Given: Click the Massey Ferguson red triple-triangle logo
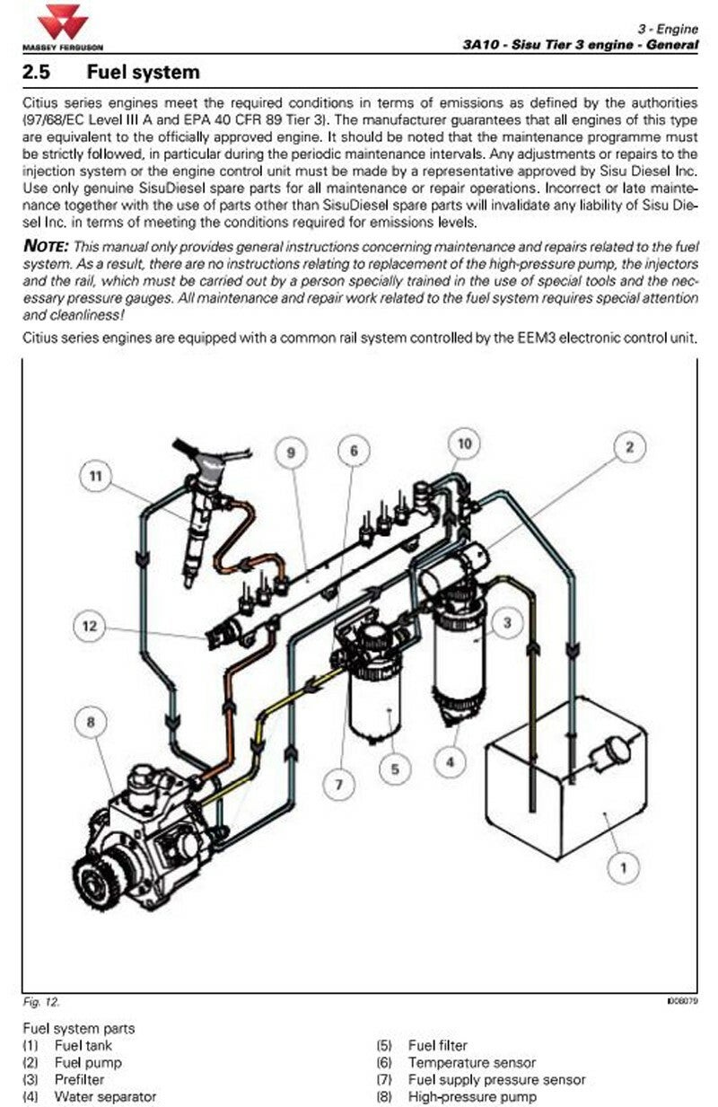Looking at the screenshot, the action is coord(63,22).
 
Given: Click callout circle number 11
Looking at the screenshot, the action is coord(96,476).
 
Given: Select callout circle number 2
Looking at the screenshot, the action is coord(629,447).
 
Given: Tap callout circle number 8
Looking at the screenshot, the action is coord(91,722).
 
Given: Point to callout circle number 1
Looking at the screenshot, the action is coord(624,868).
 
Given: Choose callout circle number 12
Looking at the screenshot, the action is coord(90,626).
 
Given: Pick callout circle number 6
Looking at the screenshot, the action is coord(354,451).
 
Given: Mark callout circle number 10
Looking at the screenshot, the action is coord(465,444).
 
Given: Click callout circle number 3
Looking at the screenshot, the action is coord(507,623).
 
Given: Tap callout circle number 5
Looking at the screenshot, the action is coord(395,769).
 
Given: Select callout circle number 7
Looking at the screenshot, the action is coord(339,785).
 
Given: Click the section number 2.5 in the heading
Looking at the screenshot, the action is coord(37,72).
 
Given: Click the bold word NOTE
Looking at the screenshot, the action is coord(46,246).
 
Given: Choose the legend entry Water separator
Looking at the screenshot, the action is coord(105,1096).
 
